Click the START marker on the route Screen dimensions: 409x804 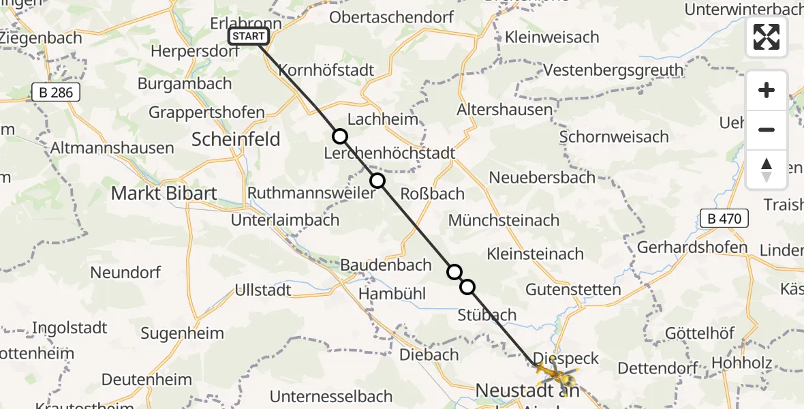[x=249, y=37]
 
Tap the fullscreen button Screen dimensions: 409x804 [x=767, y=37]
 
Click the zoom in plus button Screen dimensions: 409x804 [x=767, y=90]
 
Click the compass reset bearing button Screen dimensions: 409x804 [x=767, y=170]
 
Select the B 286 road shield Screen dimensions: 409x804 [x=56, y=93]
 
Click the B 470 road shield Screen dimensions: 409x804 [x=724, y=219]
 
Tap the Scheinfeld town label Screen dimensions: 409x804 [x=236, y=140]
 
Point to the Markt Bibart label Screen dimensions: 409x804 [x=164, y=193]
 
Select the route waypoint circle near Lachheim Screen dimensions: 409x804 [x=340, y=137]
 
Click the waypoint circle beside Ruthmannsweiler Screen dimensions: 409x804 [x=377, y=181]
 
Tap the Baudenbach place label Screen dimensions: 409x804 [x=386, y=265]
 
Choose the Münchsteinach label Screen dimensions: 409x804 [x=504, y=220]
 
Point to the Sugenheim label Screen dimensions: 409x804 [x=182, y=333]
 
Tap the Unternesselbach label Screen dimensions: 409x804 [x=331, y=396]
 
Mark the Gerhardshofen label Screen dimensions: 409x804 [x=692, y=247]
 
